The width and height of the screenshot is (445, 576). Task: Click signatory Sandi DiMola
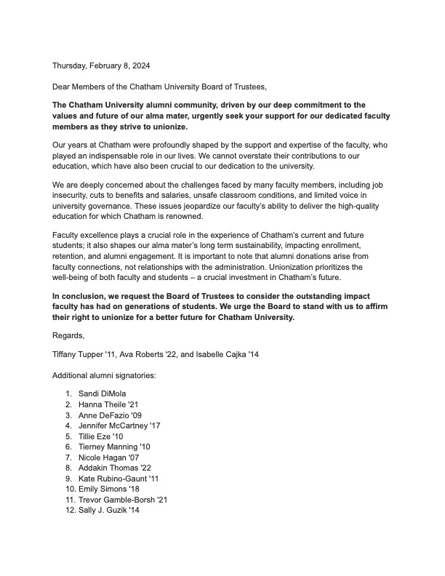click(x=103, y=393)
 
